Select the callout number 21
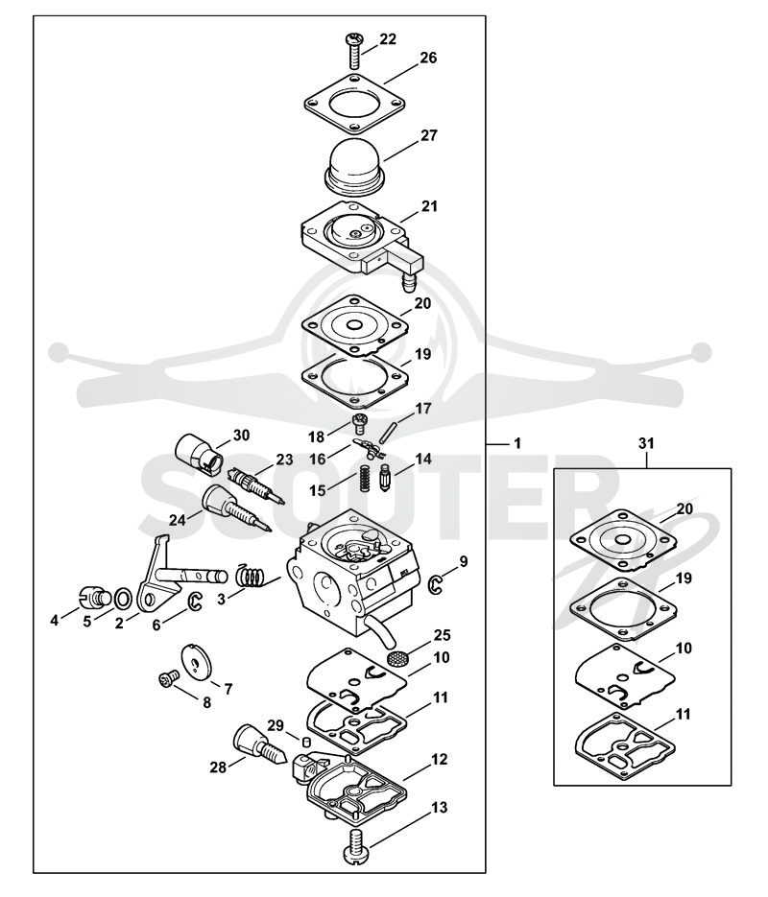(429, 206)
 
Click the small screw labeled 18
(359, 423)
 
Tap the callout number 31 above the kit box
(646, 443)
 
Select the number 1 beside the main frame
(517, 443)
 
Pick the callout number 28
(218, 767)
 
